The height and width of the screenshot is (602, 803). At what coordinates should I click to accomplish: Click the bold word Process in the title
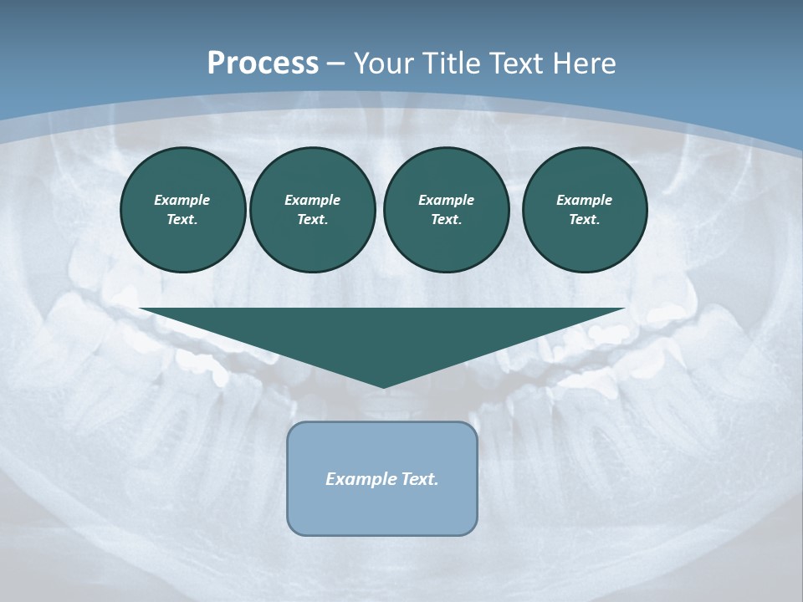click(263, 64)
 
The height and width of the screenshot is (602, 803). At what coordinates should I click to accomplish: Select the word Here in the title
click(585, 64)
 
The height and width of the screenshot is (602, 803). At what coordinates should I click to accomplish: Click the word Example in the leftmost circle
click(182, 200)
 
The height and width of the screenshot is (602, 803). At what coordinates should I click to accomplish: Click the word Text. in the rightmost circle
click(585, 219)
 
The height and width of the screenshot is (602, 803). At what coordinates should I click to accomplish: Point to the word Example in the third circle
click(446, 200)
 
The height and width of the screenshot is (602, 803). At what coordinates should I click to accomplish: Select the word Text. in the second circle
click(312, 219)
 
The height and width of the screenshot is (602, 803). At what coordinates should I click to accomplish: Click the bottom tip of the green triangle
click(383, 386)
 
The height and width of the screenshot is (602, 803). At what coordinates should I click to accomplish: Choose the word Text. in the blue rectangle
click(420, 479)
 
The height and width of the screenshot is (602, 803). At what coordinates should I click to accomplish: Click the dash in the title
click(335, 64)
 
